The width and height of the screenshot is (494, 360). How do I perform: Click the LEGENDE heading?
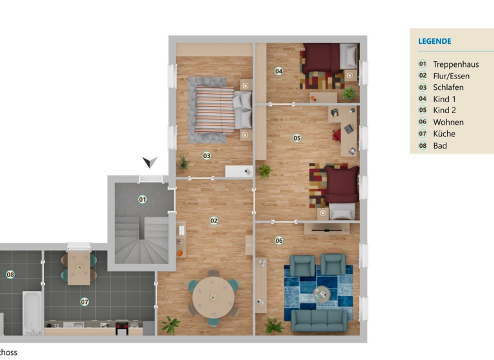click(x=435, y=41)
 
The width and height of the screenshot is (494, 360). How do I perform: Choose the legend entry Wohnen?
click(x=448, y=122)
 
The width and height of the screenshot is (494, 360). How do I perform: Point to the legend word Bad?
click(x=440, y=146)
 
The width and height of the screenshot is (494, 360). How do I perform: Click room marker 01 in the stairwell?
click(x=142, y=199)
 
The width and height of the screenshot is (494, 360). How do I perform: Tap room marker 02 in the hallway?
click(x=214, y=221)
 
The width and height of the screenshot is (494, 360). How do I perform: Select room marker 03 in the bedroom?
click(x=206, y=156)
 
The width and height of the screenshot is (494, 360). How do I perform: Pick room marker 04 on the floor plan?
click(x=279, y=71)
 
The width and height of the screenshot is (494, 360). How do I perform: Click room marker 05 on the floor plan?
click(x=297, y=138)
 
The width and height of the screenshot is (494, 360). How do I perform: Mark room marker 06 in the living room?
click(x=279, y=241)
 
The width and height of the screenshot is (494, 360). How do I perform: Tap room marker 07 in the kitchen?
click(x=84, y=301)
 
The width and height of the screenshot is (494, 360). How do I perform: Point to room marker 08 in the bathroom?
click(x=10, y=274)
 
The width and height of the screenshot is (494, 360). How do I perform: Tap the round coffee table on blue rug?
click(x=320, y=293)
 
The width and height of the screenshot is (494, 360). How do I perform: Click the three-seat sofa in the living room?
click(x=320, y=319)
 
